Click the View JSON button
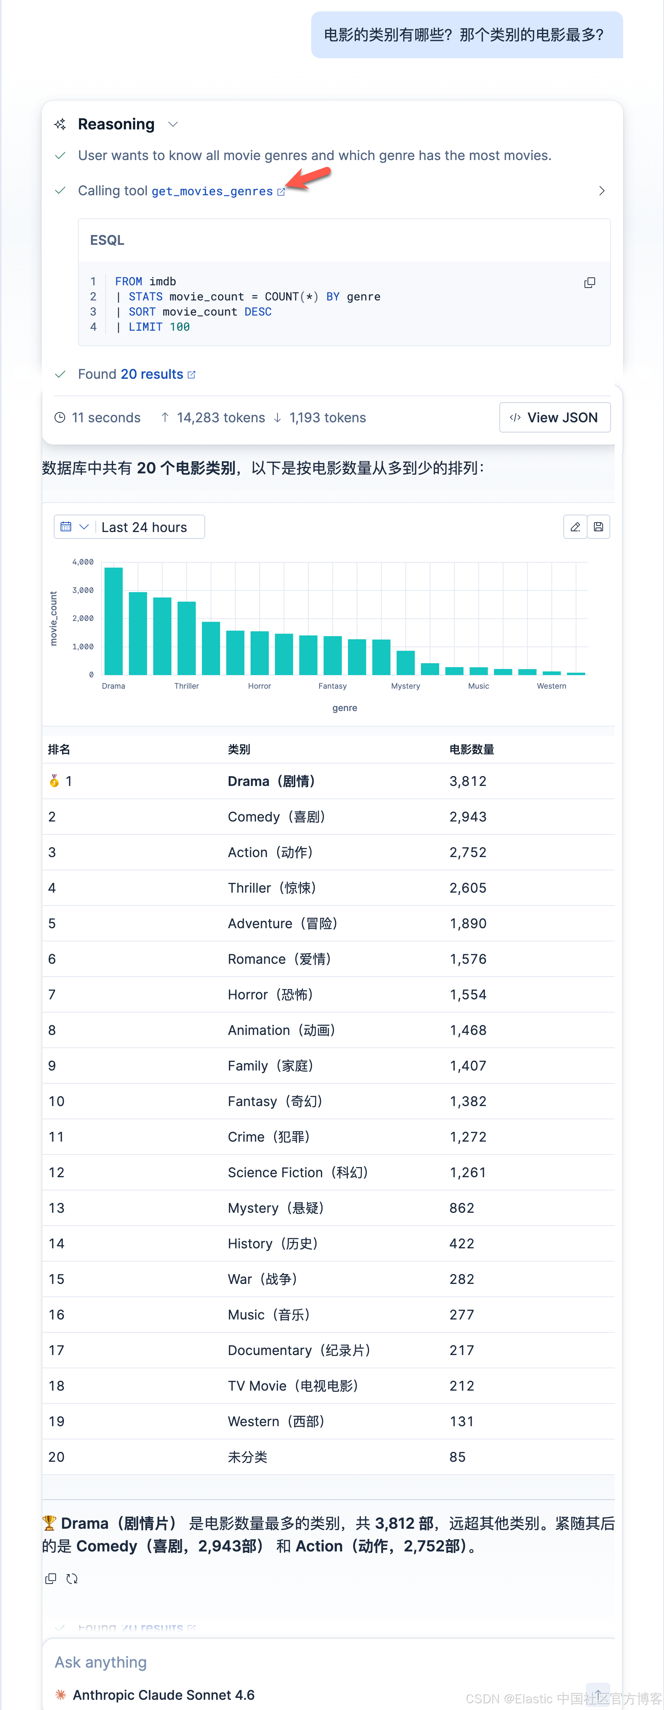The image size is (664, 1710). [555, 417]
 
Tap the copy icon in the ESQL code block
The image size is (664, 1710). [589, 283]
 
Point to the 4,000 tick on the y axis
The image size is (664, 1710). [83, 562]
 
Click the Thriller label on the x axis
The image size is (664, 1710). [187, 686]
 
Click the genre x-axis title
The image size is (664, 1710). [344, 708]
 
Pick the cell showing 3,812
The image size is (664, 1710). [468, 781]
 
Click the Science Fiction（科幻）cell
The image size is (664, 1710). [298, 1172]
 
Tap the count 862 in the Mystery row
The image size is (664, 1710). [461, 1208]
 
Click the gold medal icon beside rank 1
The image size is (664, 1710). [54, 781]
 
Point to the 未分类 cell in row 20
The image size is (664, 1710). [248, 1457]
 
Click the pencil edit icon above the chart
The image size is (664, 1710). [575, 527]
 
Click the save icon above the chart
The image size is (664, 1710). [598, 527]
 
